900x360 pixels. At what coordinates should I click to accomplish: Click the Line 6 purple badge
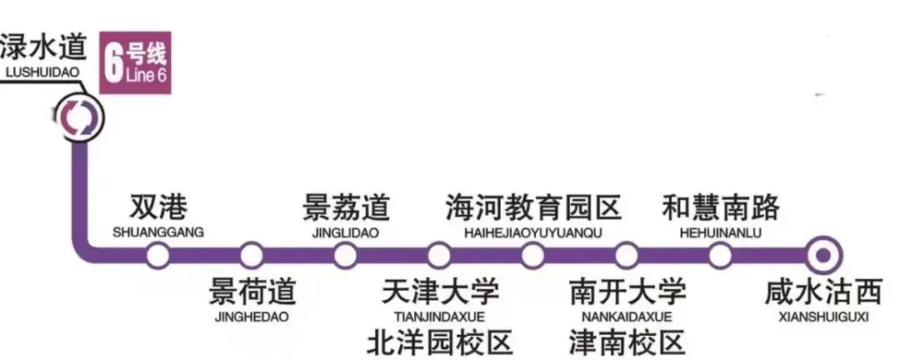[136, 62]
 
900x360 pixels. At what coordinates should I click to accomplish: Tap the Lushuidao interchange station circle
[79, 117]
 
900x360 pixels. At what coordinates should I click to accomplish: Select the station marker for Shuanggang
[157, 255]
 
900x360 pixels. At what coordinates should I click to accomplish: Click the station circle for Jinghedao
[252, 255]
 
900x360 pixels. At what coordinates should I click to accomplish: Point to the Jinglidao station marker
[345, 255]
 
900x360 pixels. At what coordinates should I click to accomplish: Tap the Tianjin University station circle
[438, 255]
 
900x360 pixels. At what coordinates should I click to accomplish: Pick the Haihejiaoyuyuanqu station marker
[532, 255]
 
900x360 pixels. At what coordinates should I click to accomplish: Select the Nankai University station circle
[626, 255]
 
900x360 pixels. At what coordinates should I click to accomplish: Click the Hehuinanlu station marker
[720, 255]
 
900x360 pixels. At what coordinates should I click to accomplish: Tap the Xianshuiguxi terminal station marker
[823, 255]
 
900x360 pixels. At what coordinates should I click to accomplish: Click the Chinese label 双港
[157, 207]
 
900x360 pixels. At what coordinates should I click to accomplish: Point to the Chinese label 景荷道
[252, 291]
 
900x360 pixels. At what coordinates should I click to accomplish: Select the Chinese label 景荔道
[346, 207]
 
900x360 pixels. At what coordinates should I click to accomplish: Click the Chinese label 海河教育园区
[533, 207]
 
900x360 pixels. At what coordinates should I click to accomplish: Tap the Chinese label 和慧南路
[721, 207]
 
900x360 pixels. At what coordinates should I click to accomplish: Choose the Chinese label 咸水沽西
[823, 292]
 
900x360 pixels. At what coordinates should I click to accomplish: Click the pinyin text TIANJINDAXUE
[439, 317]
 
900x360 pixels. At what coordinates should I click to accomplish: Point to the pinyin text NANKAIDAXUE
[627, 317]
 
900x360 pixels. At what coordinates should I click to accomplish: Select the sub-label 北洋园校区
[439, 342]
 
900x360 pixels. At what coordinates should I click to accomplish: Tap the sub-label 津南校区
[627, 342]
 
